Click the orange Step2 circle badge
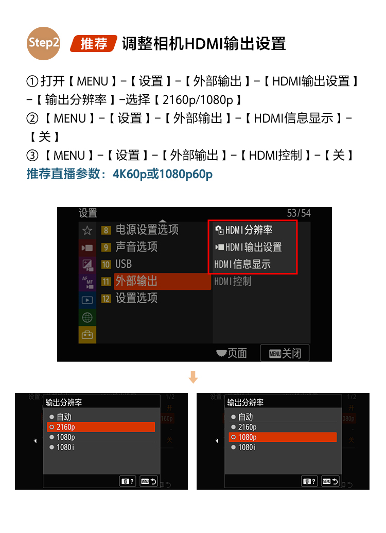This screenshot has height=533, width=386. coord(44,43)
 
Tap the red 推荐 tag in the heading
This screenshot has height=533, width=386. coord(94,44)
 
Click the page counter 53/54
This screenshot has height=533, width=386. coord(299,213)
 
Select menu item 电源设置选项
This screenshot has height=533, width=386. coord(147,230)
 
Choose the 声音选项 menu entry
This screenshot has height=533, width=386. coord(136,247)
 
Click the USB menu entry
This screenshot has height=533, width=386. coord(124,264)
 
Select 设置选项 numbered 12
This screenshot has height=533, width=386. coord(136,298)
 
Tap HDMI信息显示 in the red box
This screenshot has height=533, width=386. coord(242,264)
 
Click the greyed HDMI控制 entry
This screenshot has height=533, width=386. coord(233,281)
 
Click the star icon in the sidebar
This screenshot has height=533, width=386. coord(87,230)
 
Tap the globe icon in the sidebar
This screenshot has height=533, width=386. coord(87,317)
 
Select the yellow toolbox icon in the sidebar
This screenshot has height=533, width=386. coord(87,335)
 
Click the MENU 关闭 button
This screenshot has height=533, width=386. coord(285,353)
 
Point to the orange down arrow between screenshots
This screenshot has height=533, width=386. coord(193,377)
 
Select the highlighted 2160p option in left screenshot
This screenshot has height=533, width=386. coord(101,427)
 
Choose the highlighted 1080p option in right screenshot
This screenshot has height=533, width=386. coord(283,437)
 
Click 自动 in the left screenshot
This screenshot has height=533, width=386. coord(64,417)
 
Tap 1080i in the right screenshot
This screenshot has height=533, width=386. coord(247,448)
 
